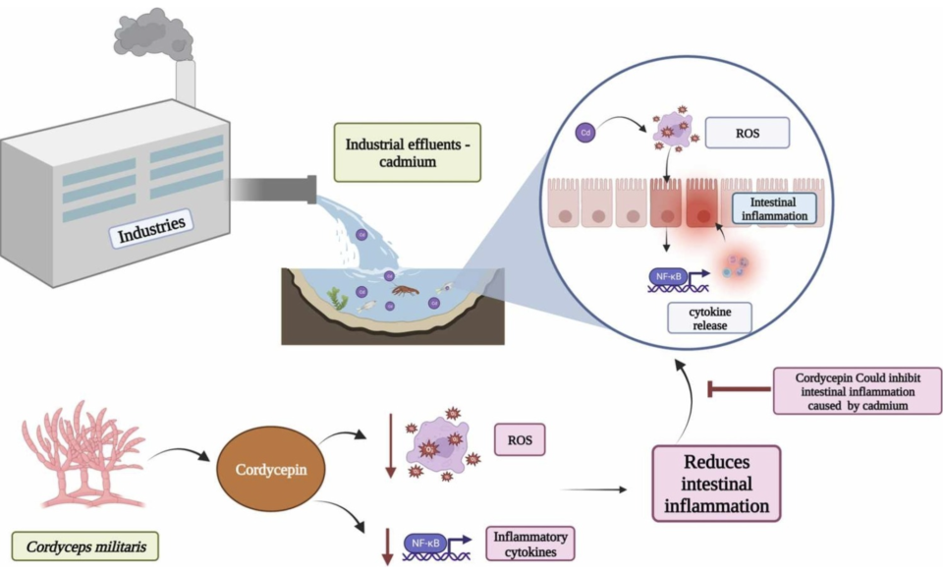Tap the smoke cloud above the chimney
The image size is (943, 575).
[153, 35]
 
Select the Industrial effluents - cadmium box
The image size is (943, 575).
[407, 151]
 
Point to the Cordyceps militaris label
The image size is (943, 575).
[83, 543]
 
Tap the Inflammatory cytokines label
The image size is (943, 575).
[530, 543]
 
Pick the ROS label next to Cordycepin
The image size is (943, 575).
[519, 438]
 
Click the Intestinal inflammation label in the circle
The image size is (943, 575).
[776, 207]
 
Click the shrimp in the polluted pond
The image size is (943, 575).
[406, 290]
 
